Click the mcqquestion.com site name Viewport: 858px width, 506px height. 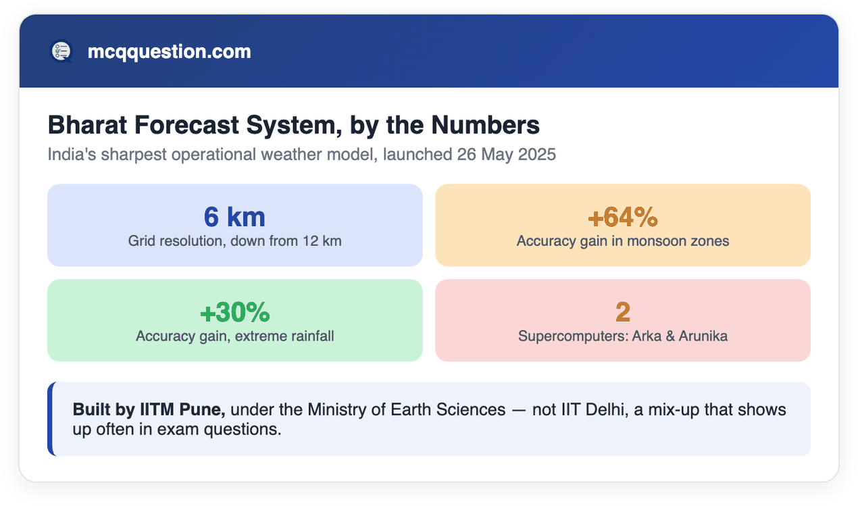169,52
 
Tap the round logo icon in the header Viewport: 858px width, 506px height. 61,51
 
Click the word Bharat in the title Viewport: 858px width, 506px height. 87,125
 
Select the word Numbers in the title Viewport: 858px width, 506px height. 485,125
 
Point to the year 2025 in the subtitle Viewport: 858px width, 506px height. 536,154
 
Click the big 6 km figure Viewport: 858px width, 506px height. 234,217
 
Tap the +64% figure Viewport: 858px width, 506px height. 623,217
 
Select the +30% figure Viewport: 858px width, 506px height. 235,312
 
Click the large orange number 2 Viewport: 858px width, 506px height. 623,312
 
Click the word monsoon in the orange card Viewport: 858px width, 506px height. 657,241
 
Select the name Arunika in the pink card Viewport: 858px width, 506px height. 703,336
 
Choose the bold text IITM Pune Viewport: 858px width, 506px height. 182,409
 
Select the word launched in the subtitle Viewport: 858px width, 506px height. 418,154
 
